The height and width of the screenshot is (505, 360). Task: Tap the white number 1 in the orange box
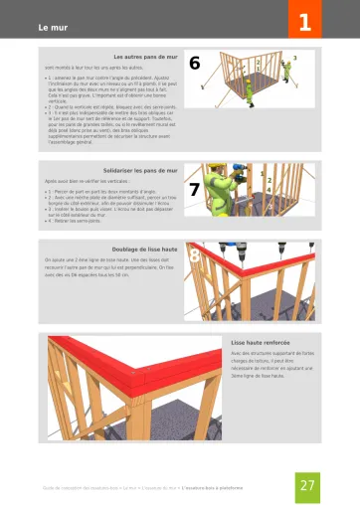coord(305,18)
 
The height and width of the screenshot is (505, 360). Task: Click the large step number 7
coord(195,189)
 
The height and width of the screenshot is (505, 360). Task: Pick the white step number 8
coord(195,257)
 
